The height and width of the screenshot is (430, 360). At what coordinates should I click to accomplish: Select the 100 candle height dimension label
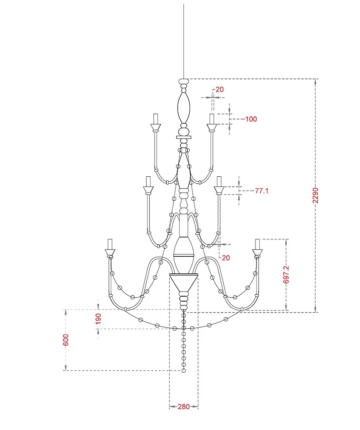pyautogui.click(x=251, y=119)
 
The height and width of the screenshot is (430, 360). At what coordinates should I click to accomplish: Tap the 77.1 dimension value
pyautogui.click(x=261, y=191)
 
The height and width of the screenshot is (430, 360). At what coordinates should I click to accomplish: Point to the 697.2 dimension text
pyautogui.click(x=286, y=275)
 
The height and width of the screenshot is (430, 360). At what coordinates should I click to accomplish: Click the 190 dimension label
pyautogui.click(x=98, y=319)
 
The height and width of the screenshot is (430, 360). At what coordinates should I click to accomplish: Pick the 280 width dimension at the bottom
pyautogui.click(x=184, y=406)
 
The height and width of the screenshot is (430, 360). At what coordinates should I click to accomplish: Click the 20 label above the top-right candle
pyautogui.click(x=219, y=89)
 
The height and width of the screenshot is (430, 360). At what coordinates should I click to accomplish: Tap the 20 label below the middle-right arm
pyautogui.click(x=226, y=258)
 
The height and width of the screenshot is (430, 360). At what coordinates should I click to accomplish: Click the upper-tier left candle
pyautogui.click(x=156, y=119)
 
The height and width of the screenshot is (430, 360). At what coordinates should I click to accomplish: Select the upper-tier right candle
pyautogui.click(x=211, y=119)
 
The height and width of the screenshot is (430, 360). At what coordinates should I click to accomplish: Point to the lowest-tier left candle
pyautogui.click(x=110, y=244)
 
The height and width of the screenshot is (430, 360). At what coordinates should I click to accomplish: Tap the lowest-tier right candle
pyautogui.click(x=257, y=244)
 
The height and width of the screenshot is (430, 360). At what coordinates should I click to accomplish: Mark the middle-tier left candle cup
pyautogui.click(x=147, y=190)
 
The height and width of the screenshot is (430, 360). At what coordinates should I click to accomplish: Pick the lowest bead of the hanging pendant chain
pyautogui.click(x=184, y=370)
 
